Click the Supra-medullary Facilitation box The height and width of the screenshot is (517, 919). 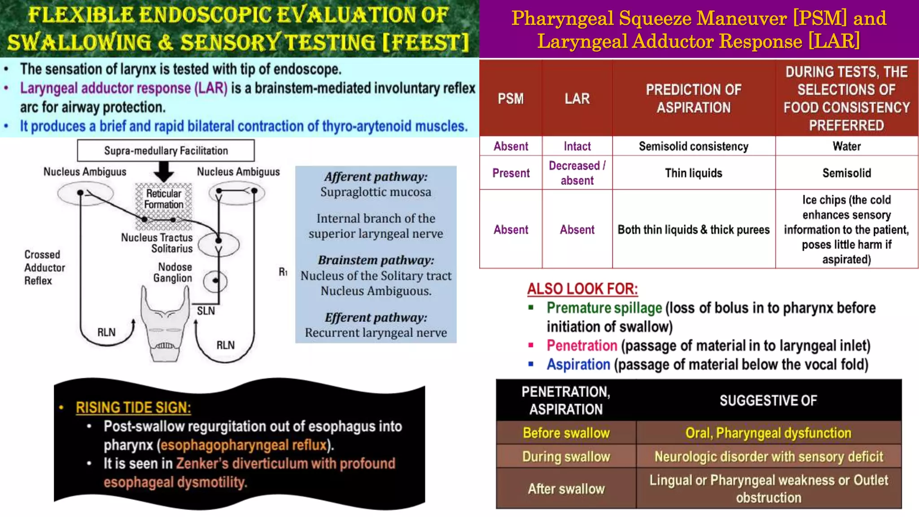tap(166, 150)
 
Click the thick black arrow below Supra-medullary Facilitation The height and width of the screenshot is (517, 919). tap(164, 172)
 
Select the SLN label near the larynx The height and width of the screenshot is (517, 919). tap(206, 311)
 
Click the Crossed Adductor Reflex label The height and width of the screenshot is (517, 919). tap(44, 267)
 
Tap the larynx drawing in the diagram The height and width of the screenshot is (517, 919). tap(165, 325)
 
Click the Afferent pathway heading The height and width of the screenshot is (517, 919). tap(376, 177)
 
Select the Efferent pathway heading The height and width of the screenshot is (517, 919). tap(376, 318)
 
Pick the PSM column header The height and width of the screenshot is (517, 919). tap(511, 99)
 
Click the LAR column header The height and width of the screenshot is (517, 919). tap(577, 99)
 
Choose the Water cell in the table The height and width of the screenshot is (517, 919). tap(846, 146)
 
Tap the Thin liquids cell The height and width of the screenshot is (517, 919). tap(693, 173)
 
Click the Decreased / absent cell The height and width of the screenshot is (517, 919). tap(577, 173)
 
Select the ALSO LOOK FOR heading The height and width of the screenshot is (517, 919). tap(582, 289)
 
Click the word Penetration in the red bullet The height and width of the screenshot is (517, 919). tap(582, 346)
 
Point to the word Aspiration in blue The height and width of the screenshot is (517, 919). tap(578, 364)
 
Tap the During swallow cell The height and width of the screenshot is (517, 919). tap(566, 457)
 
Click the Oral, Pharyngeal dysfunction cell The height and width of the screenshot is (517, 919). tap(768, 433)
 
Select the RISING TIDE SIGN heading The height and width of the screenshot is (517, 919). tap(133, 407)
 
